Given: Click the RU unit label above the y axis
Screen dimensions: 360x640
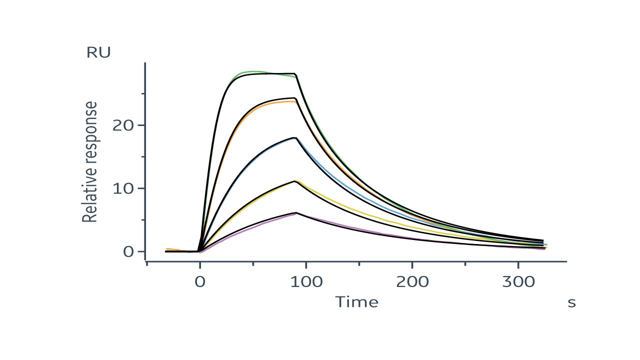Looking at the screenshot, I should [98, 52].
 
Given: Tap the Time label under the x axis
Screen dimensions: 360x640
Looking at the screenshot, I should [356, 302].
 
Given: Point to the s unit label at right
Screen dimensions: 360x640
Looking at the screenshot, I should [571, 302].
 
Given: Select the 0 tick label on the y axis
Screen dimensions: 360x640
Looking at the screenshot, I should [128, 251].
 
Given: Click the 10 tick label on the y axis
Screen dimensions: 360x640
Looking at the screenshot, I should [123, 188].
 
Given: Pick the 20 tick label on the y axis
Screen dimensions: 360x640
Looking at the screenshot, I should [123, 125].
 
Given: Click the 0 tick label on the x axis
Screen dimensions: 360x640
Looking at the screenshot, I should [200, 281].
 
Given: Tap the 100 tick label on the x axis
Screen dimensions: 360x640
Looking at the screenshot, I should [306, 281].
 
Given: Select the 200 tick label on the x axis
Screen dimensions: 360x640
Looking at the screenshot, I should [412, 281].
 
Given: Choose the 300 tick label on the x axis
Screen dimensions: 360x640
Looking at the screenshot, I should [518, 281].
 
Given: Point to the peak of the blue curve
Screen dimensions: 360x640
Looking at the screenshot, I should [295, 138].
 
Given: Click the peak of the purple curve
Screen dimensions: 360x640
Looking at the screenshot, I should [296, 213].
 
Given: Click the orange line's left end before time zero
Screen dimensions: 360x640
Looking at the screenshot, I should [167, 248].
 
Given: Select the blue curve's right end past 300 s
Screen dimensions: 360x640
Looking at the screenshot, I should [546, 244].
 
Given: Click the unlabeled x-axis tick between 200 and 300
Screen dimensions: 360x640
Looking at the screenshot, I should [465, 263].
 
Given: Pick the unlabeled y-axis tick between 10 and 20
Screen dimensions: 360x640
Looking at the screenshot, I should [143, 156].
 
